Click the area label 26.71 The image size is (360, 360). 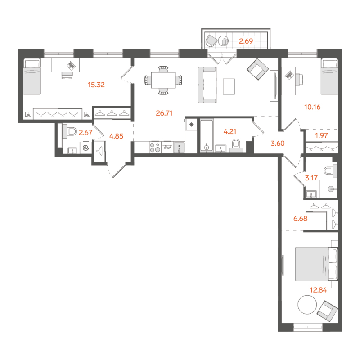[165, 113]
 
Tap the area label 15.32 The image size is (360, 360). [96, 84]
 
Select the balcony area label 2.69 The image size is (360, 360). [247, 42]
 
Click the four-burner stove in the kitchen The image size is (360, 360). [155, 147]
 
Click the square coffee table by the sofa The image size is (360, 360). [229, 86]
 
